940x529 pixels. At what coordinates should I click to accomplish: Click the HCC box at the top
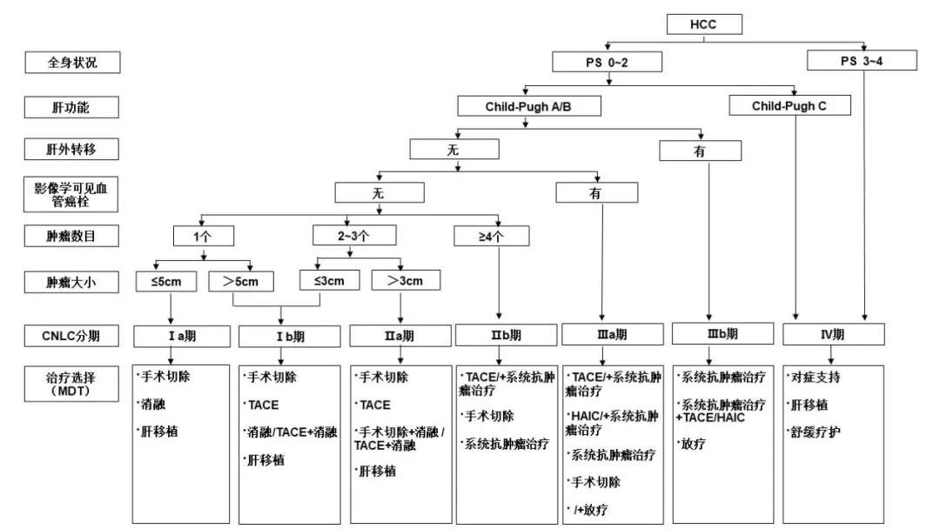click(x=703, y=23)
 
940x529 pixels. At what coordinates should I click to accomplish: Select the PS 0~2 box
click(x=607, y=62)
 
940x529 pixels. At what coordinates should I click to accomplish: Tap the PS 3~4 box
click(x=862, y=61)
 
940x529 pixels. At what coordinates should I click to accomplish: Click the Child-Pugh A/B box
click(x=529, y=106)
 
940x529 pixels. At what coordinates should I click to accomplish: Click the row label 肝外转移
click(x=71, y=150)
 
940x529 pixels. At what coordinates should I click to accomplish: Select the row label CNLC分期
click(x=71, y=334)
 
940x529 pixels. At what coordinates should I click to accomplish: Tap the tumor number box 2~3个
click(x=354, y=236)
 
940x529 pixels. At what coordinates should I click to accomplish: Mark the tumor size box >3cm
click(x=405, y=280)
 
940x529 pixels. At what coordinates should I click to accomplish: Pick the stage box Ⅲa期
click(x=607, y=334)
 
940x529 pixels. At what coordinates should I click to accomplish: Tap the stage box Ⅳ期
click(x=833, y=334)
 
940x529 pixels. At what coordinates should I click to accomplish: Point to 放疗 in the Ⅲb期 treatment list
click(x=694, y=444)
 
